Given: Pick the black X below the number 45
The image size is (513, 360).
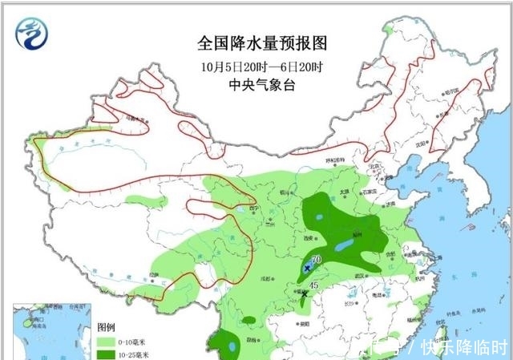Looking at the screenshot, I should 303,294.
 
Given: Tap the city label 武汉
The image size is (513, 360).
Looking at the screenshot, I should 359,275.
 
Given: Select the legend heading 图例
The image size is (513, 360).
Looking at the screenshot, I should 107,328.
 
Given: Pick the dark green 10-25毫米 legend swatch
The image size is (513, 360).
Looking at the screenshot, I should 105,354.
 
